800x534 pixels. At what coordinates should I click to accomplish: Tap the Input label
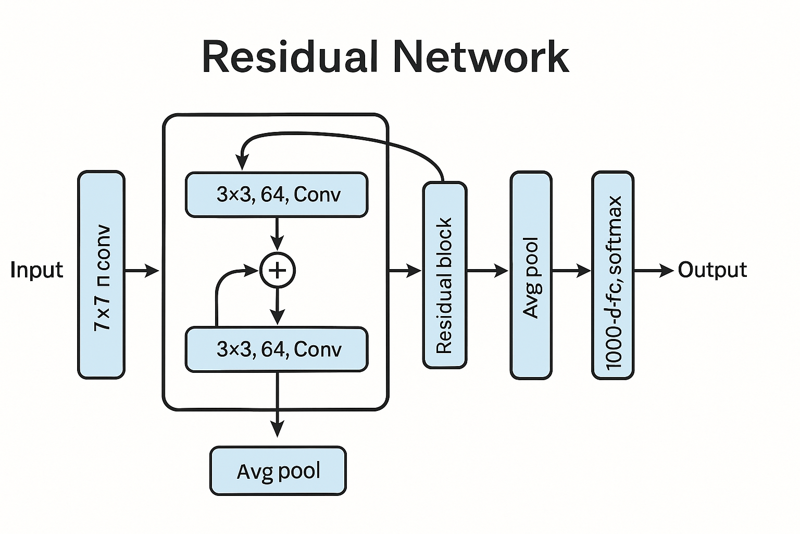tap(36, 270)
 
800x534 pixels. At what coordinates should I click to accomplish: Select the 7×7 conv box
tap(101, 274)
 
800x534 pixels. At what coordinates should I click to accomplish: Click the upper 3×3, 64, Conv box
tap(277, 195)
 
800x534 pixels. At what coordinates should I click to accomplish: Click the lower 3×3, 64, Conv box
tap(277, 349)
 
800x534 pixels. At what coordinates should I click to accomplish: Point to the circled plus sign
tap(278, 270)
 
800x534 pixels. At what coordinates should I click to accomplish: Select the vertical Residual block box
tap(444, 275)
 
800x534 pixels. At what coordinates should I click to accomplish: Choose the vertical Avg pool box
tap(531, 275)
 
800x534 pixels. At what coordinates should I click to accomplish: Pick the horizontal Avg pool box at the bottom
tap(278, 470)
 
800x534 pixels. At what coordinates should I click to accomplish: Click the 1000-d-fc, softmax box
tap(613, 275)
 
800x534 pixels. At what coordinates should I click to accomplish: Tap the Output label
tap(712, 270)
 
